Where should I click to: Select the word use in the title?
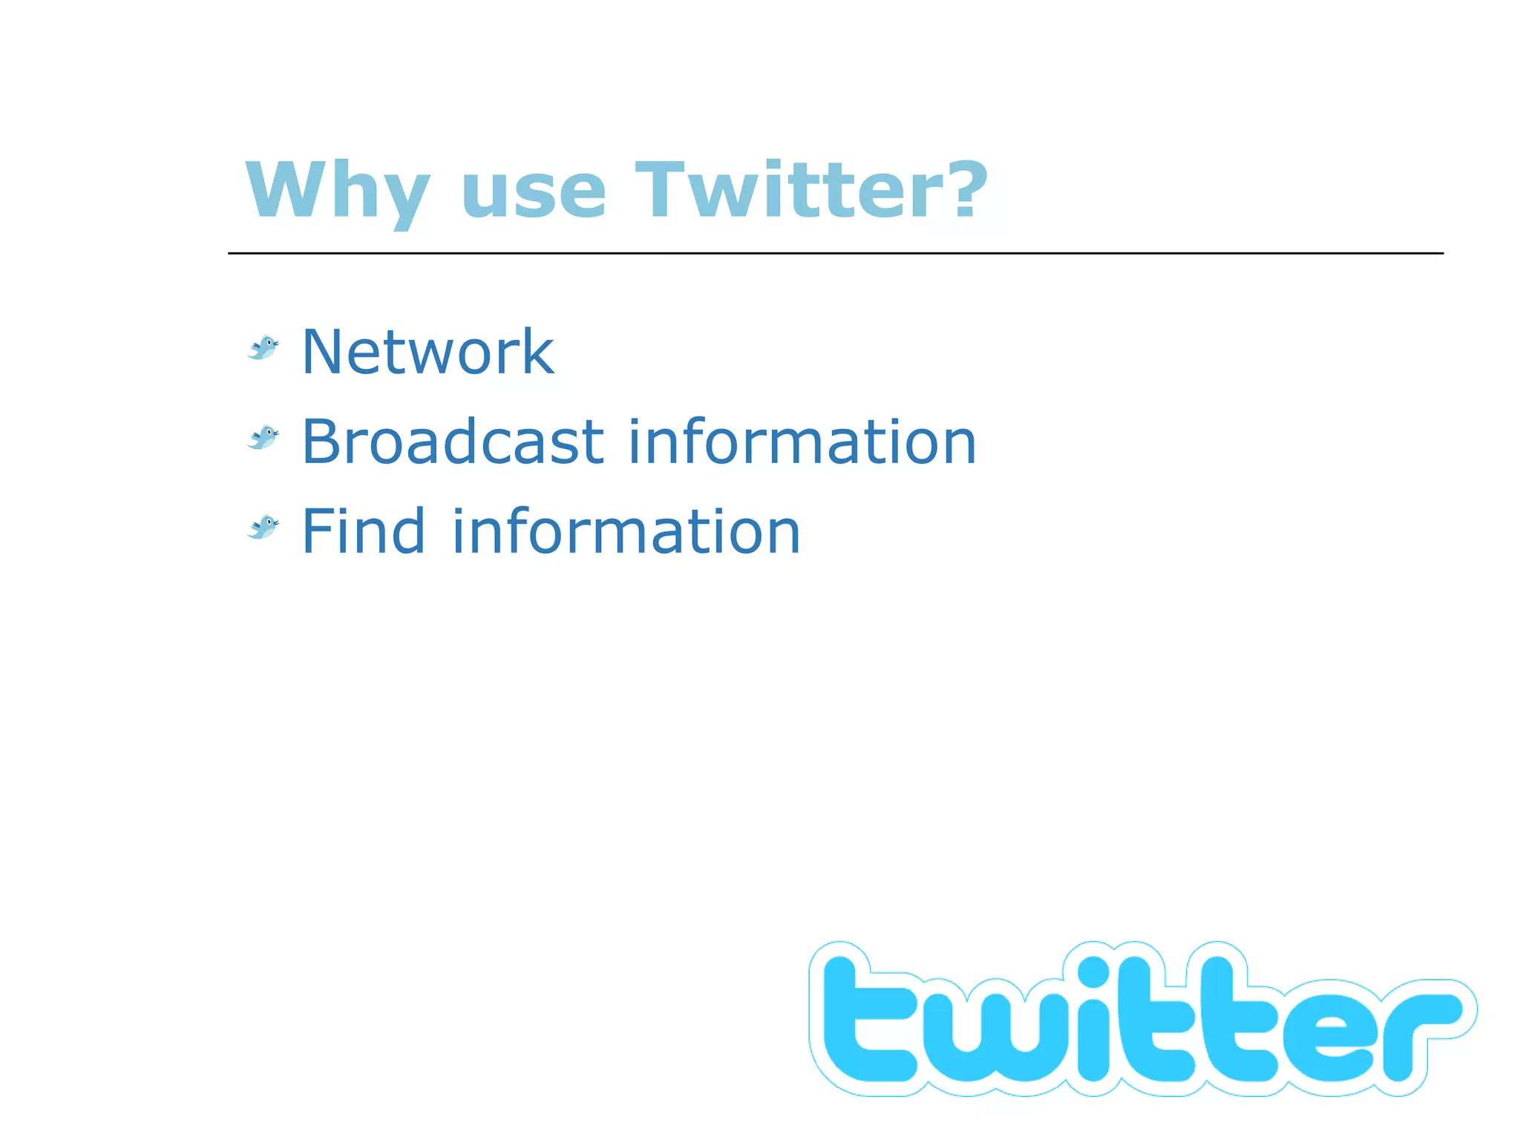533,193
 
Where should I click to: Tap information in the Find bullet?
626,531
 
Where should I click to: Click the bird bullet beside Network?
263,347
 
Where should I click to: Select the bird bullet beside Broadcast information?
263,437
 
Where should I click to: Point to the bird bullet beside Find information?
263,527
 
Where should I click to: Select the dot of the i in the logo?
1093,974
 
